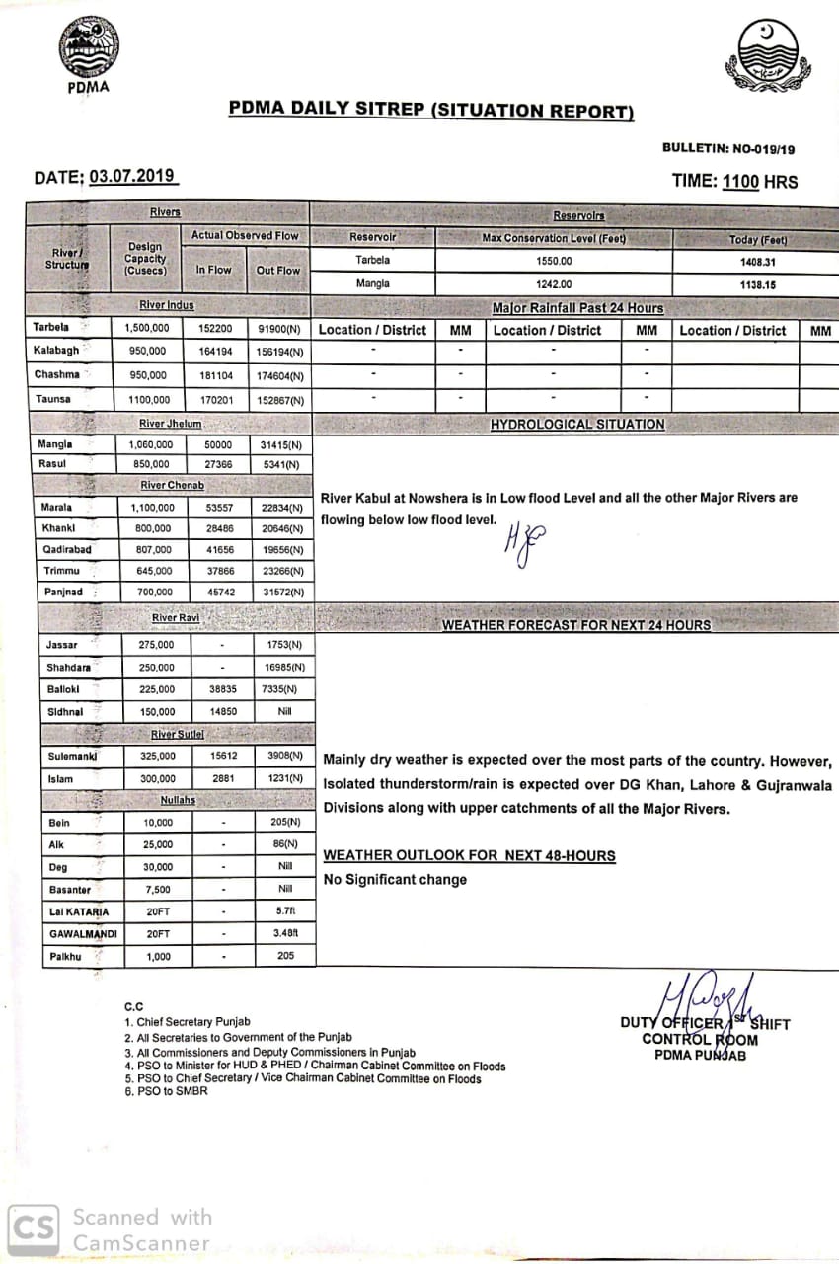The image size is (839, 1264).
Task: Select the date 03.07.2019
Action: click(132, 177)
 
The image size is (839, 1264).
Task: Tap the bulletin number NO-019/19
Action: click(763, 149)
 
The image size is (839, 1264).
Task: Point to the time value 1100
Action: click(740, 181)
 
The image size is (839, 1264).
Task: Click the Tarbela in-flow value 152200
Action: click(214, 328)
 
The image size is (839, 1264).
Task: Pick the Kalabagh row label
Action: click(57, 351)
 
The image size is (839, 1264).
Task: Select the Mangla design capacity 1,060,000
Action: click(150, 444)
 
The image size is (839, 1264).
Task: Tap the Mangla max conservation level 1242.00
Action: click(554, 284)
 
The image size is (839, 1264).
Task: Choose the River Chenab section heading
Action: click(173, 486)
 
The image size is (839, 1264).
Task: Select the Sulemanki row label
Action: click(70, 757)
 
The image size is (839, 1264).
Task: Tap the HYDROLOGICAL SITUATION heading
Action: click(577, 425)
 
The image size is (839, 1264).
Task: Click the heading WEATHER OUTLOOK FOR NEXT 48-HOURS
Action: click(469, 855)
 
